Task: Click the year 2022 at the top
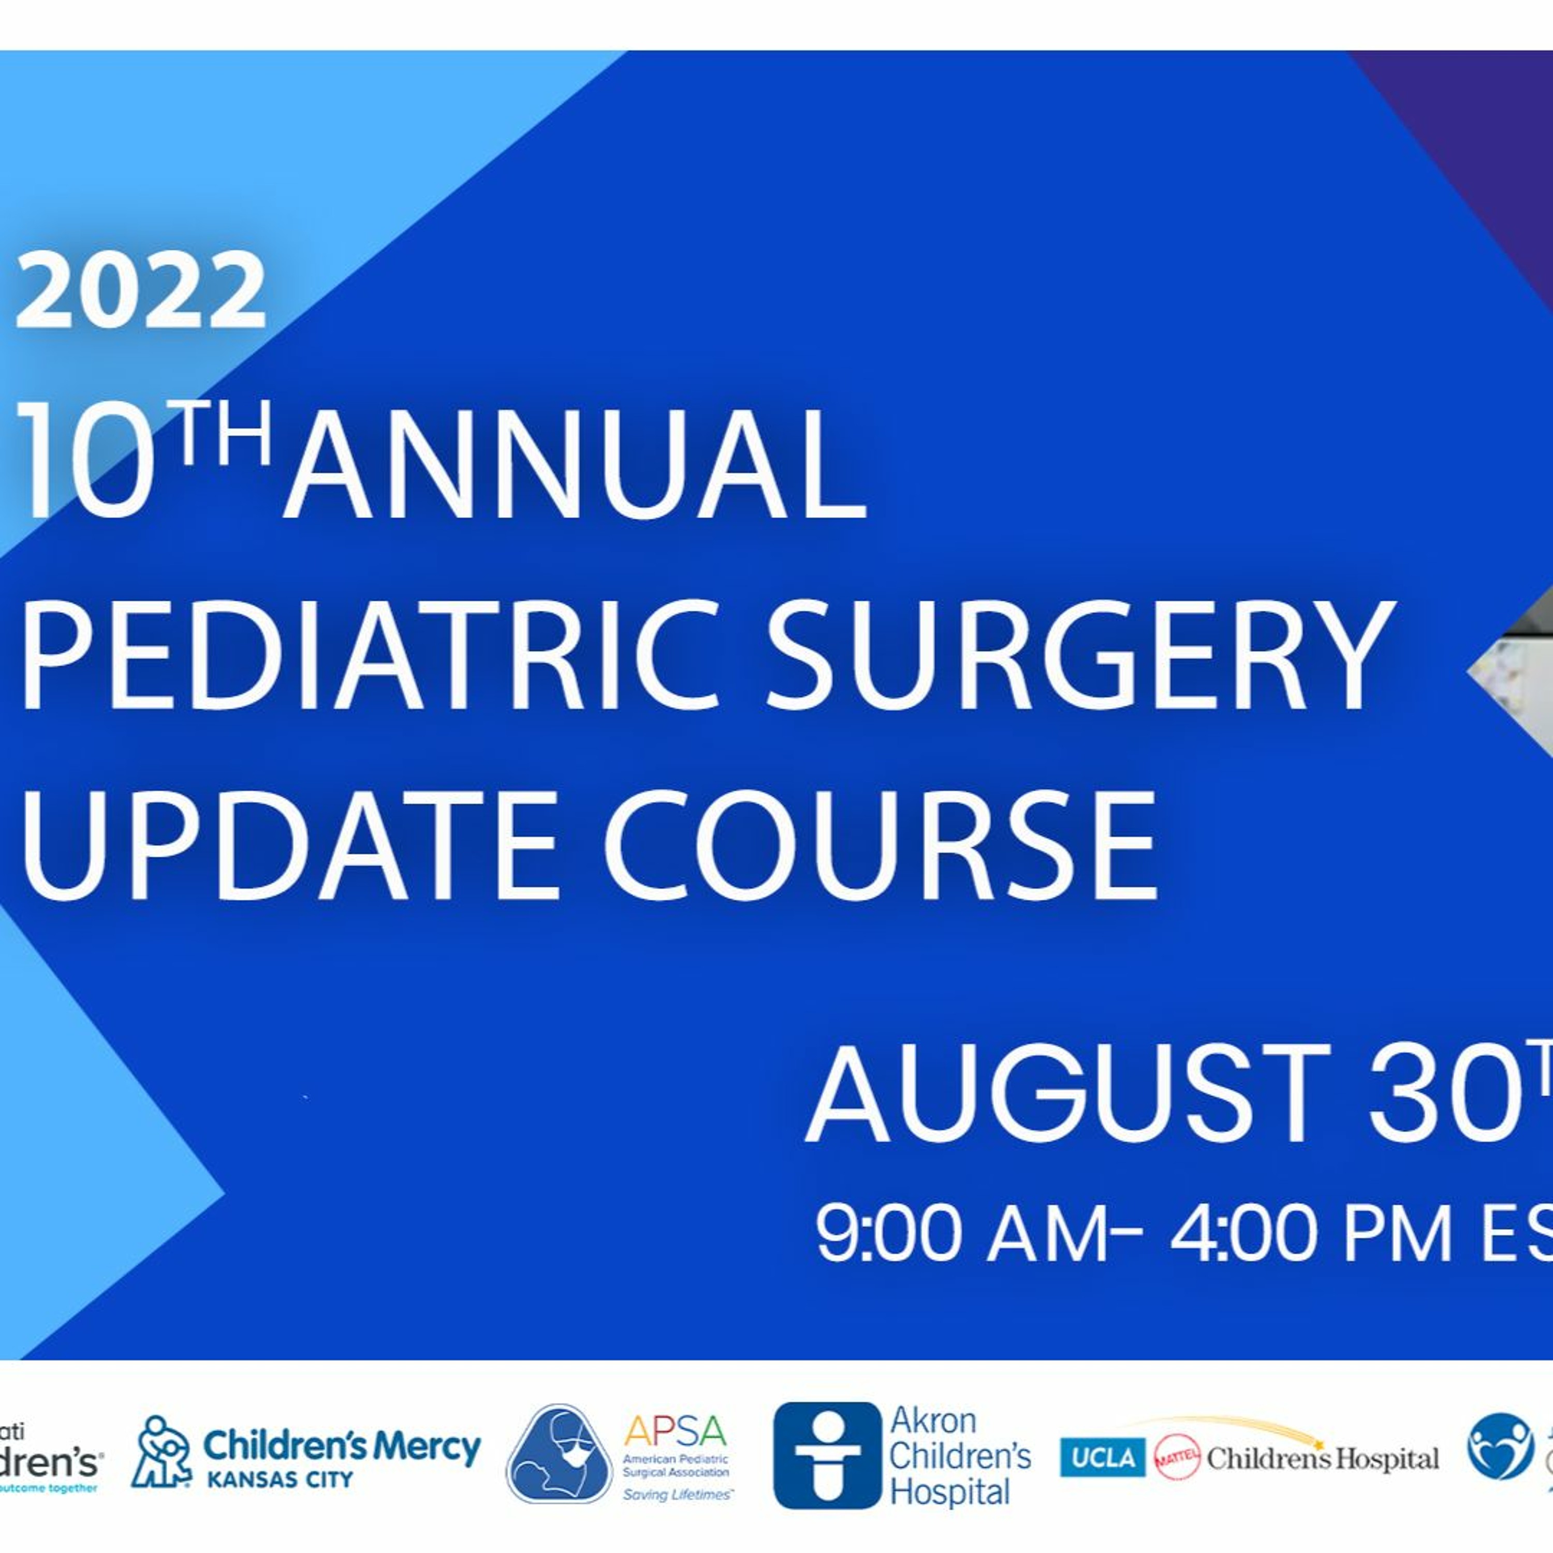[x=141, y=290]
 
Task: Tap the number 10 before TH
[x=84, y=465]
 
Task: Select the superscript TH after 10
[x=224, y=436]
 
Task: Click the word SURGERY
[x=1077, y=656]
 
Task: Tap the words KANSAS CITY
[x=280, y=1479]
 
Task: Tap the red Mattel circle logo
[x=1177, y=1457]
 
